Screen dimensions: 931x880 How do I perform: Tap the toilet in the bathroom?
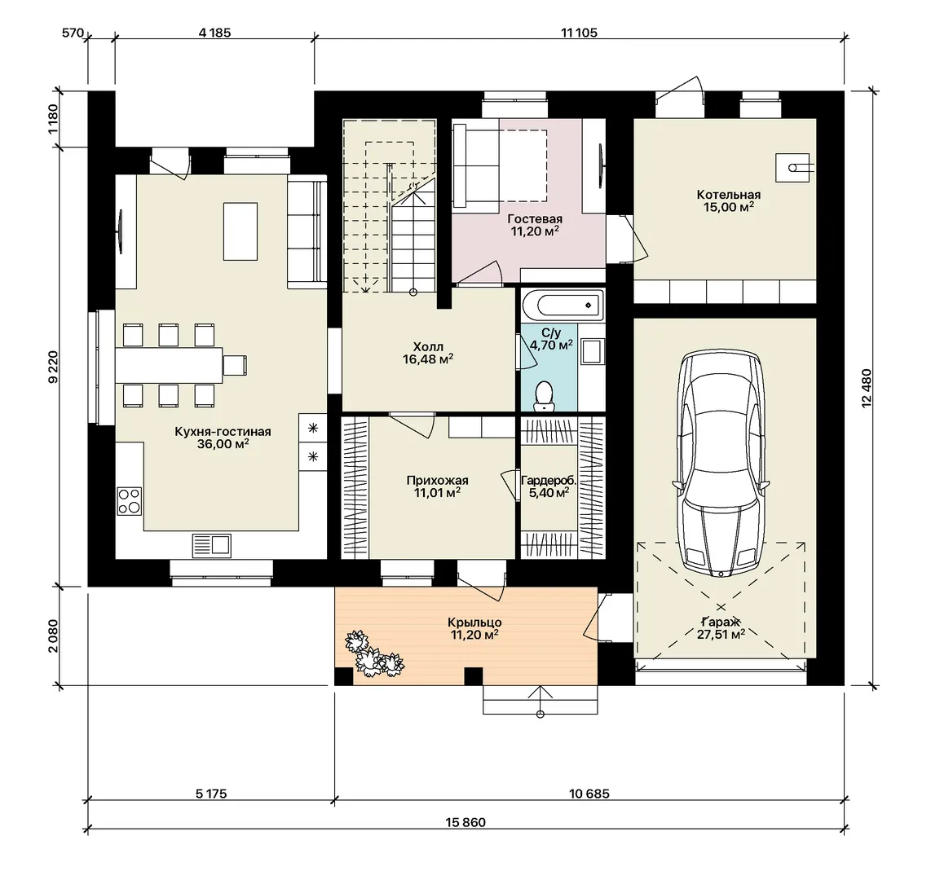tap(543, 396)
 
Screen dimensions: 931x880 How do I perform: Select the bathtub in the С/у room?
tap(563, 306)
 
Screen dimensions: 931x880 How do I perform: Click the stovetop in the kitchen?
tap(130, 500)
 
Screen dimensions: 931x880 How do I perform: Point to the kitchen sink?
tap(211, 545)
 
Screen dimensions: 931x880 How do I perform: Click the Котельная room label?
tap(729, 195)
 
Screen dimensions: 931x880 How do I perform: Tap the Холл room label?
tap(428, 347)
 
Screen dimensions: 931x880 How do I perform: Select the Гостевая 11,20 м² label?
tap(535, 226)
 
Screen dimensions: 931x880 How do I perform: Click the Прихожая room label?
tap(438, 481)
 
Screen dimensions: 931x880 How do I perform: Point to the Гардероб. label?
tap(549, 481)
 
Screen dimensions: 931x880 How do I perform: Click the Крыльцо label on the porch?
tap(474, 623)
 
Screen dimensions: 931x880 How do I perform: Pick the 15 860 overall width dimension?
tap(465, 822)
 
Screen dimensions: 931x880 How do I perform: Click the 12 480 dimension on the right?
tap(867, 388)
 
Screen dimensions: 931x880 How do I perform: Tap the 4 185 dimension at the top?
tap(214, 33)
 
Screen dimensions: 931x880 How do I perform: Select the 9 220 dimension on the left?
tap(54, 367)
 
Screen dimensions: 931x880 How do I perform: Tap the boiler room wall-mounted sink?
tap(792, 167)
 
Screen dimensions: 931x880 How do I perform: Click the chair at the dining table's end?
tap(235, 364)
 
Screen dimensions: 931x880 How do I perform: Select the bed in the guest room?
tap(499, 165)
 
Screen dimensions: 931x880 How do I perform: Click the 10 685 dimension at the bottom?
tap(589, 794)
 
